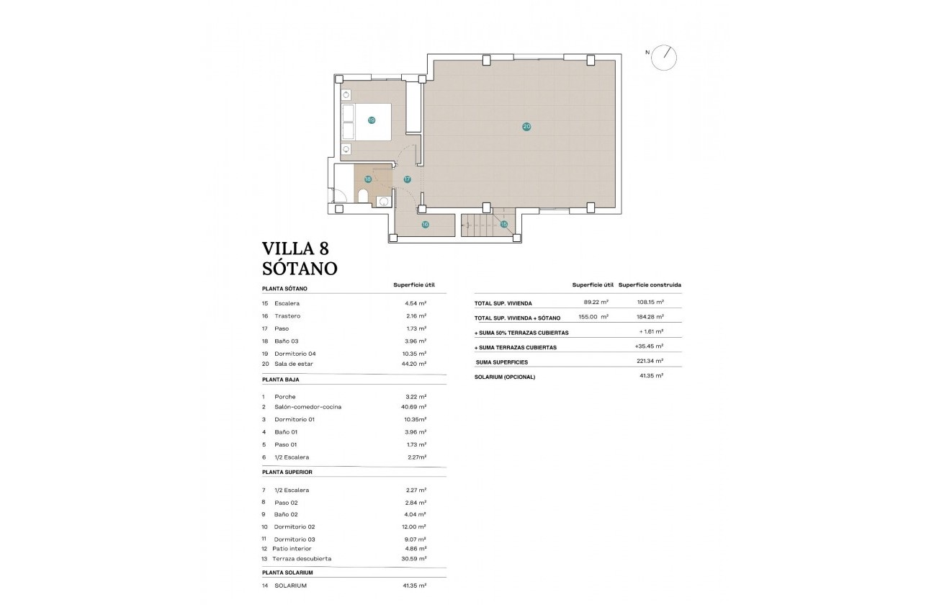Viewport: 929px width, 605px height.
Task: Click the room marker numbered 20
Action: pos(526,127)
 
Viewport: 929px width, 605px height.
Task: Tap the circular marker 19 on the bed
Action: pos(372,120)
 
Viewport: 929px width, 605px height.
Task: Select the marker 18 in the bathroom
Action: pos(368,179)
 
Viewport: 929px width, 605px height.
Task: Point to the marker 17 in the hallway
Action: pos(407,179)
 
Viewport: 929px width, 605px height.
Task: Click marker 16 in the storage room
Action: pos(425,225)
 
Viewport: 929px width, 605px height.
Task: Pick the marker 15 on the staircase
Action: pos(504,225)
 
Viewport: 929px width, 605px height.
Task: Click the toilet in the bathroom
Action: pos(363,197)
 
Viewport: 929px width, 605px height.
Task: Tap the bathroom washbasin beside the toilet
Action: pos(384,201)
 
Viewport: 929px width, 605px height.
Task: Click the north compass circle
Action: pos(664,58)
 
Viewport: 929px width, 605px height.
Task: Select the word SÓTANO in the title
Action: pos(300,269)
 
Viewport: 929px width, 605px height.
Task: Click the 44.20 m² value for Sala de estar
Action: pos(416,364)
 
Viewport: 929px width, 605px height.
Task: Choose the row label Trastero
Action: pos(287,316)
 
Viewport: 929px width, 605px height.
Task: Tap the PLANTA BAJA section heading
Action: pos(281,379)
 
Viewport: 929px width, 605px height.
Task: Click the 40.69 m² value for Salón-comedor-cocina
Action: pos(413,407)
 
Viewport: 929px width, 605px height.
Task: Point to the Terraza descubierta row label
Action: pos(302,558)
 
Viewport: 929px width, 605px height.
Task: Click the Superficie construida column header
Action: pos(650,284)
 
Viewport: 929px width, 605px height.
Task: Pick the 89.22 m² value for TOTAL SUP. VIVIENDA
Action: pos(596,302)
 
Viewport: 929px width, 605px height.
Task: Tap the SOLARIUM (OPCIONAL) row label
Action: pos(505,377)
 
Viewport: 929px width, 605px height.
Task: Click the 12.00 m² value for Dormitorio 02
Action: pos(416,526)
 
